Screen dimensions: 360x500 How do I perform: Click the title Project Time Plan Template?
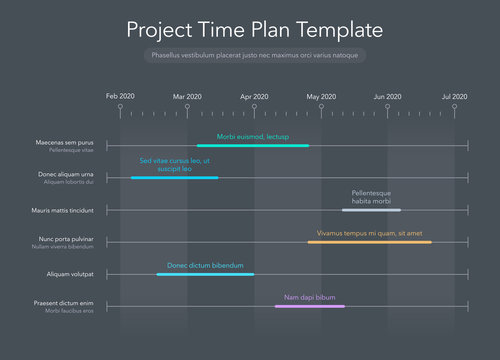pos(254,29)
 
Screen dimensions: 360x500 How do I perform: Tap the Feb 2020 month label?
pos(120,96)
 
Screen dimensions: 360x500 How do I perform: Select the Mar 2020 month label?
pos(187,96)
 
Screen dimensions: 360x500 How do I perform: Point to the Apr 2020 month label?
pos(254,96)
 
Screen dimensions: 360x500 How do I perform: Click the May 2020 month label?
pos(321,96)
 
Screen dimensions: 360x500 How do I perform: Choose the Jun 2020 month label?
pos(388,96)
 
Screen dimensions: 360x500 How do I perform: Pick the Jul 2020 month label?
pos(454,96)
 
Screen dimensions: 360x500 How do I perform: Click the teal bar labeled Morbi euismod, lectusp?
pos(253,146)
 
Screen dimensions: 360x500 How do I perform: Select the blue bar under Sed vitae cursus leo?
pos(174,178)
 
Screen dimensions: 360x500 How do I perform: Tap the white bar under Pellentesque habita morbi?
pos(371,210)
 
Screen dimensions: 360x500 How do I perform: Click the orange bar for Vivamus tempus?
pos(370,242)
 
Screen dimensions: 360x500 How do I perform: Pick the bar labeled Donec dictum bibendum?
pos(205,274)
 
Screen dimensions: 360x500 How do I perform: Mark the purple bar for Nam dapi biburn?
pos(310,306)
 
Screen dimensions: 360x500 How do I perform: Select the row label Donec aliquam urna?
pos(66,175)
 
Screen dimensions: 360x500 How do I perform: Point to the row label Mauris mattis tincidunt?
pos(62,210)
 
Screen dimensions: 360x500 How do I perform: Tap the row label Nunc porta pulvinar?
pos(66,239)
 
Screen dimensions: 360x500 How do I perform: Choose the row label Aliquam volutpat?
pos(70,274)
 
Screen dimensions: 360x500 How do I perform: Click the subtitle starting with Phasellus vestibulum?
pos(253,56)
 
